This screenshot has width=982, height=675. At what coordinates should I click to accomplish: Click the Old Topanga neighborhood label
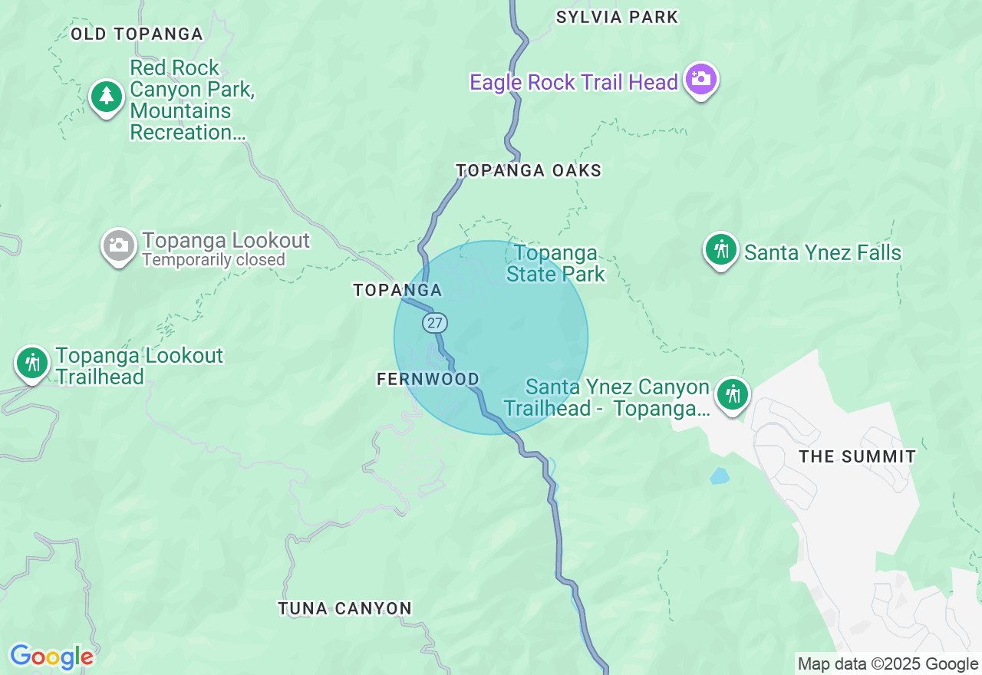coord(137,34)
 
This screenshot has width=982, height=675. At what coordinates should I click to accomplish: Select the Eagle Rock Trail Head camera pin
coord(700,79)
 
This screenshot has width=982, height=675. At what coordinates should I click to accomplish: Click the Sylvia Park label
coord(617,17)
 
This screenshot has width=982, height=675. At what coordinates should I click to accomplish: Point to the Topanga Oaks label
coord(529,170)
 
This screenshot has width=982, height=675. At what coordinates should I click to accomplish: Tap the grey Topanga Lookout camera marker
coord(118,245)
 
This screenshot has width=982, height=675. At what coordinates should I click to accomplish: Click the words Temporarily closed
coord(213,260)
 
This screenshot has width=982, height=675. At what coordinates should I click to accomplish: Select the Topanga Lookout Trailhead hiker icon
coord(32,362)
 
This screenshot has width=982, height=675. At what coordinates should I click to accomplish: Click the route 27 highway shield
coord(435,323)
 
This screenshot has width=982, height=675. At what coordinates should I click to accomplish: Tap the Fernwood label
coord(428,379)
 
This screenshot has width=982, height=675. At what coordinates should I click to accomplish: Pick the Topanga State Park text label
coord(555,263)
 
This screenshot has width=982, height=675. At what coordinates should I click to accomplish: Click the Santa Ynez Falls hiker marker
coord(721,249)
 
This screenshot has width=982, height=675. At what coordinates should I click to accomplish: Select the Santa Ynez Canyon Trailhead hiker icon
coord(733,394)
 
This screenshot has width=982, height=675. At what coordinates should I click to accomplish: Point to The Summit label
coord(857,456)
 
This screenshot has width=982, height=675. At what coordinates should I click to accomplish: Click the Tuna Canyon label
coord(344,608)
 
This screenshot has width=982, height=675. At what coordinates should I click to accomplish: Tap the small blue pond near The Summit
coord(719,476)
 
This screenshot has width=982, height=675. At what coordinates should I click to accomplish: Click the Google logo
coord(51,657)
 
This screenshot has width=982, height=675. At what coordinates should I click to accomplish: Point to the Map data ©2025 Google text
coord(888,664)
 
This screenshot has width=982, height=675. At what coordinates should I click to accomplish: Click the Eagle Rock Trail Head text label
coord(574,82)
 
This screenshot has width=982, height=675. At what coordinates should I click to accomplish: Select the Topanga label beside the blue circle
coord(397,290)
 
